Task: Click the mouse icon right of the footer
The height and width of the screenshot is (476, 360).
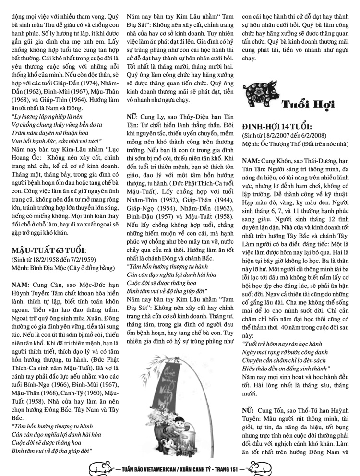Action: (261, 466)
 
